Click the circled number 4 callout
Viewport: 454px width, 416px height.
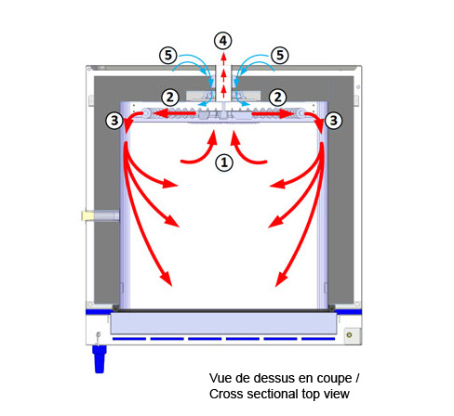223,41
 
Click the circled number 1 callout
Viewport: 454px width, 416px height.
224,162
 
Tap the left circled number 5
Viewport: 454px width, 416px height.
168,56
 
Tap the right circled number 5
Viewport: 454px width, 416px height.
280,56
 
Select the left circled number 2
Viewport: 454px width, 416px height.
170,97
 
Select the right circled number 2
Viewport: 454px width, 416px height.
277,97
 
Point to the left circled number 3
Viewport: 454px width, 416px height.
114,120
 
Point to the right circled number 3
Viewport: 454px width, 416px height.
333,120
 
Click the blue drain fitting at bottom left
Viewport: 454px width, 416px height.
100,359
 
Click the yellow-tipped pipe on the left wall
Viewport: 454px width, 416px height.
100,215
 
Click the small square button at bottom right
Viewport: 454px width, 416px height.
353,336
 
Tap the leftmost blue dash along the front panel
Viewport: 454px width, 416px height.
129,339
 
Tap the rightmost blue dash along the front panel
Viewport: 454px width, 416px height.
318,339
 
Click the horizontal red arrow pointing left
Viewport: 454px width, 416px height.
175,113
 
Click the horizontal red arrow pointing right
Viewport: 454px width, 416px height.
273,113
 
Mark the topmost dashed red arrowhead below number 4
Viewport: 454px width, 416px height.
223,57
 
